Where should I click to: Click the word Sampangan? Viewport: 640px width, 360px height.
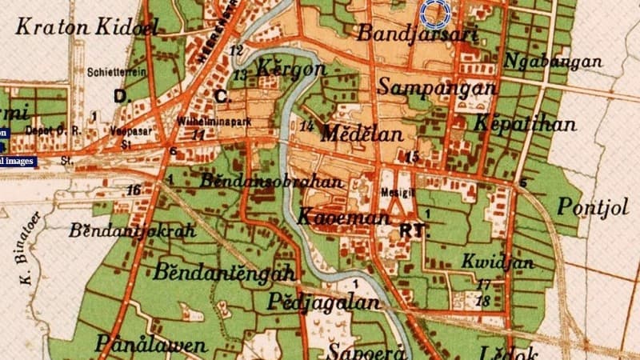(437, 86)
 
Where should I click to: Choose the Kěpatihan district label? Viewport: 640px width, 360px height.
(524, 124)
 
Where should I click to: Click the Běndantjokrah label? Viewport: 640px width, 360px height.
(132, 231)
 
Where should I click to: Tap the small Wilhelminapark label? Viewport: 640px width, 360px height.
(204, 125)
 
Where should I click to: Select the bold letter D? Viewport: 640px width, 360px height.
(121, 96)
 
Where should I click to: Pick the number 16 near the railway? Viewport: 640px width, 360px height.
(134, 190)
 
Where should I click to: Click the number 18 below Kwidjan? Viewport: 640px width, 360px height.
(482, 301)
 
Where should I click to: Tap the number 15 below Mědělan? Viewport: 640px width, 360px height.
(412, 156)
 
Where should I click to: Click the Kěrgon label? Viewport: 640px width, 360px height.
(292, 69)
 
